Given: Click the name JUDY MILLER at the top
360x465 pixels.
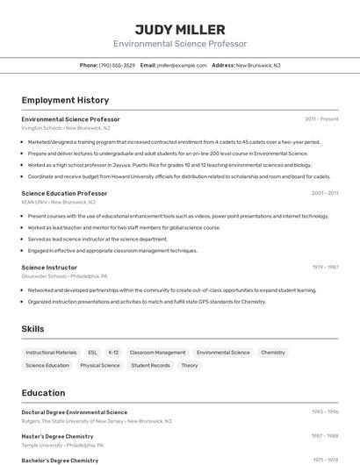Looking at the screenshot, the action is [180, 29].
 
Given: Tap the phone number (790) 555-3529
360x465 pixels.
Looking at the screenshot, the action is [117, 65].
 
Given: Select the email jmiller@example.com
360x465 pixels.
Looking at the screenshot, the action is [182, 65].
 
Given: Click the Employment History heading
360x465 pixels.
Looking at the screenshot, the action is [65, 100].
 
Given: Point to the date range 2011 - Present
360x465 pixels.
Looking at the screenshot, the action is [321, 119].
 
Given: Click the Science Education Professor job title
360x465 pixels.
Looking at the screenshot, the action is [64, 193].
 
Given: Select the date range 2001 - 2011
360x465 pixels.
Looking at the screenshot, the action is [324, 193].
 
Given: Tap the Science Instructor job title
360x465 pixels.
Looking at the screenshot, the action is [49, 267].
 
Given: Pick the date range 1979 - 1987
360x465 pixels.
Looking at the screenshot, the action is [325, 267].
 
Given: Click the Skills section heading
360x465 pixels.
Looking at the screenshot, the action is [32, 329].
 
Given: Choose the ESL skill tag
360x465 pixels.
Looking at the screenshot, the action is [93, 353].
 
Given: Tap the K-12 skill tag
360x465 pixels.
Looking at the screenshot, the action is [113, 353].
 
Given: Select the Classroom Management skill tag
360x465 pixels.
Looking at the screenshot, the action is [157, 353].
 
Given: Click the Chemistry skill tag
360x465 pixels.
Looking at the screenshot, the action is [273, 353].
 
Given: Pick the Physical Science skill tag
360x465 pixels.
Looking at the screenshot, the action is [100, 365].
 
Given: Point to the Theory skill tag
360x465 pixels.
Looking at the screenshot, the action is [190, 365].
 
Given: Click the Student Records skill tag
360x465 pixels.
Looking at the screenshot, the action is [151, 365].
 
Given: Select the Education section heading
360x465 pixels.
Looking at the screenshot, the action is [43, 393].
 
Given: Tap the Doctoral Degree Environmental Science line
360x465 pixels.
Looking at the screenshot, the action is [75, 412].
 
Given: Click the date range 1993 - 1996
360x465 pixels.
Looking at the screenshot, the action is [325, 412].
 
